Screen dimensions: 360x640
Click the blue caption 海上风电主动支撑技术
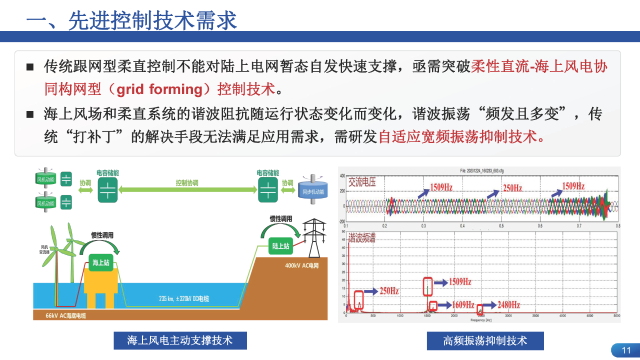pos(180,340)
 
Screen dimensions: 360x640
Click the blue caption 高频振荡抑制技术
pos(485,341)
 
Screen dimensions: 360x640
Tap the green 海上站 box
pos(100,262)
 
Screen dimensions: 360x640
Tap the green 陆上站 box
pos(280,245)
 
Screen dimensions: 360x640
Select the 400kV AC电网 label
pos(301,265)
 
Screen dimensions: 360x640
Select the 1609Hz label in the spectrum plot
pos(463,304)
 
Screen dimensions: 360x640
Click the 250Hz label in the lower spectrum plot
pos(388,290)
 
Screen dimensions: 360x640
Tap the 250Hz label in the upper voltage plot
pos(512,188)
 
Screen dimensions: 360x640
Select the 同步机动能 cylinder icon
pos(313,190)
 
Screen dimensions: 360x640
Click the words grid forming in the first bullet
pos(158,89)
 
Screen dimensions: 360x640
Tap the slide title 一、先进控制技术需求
pos(131,21)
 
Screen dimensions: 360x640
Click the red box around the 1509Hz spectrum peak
pos(427,286)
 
